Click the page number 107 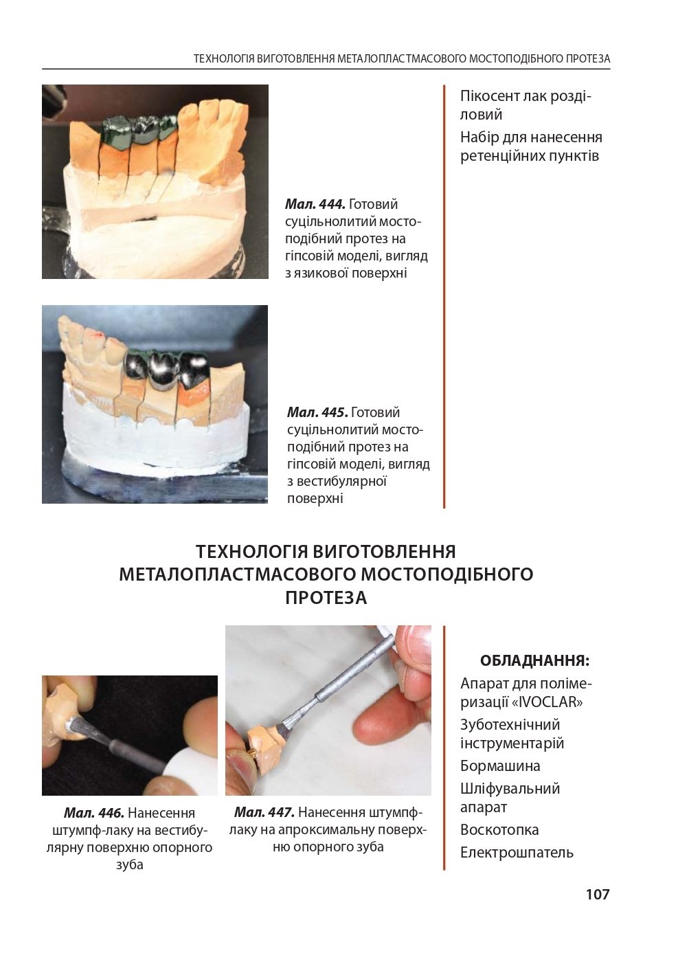(x=598, y=895)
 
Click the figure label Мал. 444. (x=315, y=203)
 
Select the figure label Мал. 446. (x=94, y=813)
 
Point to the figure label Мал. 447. (x=264, y=812)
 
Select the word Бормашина (x=500, y=765)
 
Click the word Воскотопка (x=499, y=829)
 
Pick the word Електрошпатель (x=517, y=853)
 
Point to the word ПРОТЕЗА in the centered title (x=326, y=598)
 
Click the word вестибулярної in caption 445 (x=337, y=481)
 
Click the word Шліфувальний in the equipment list (x=510, y=788)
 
